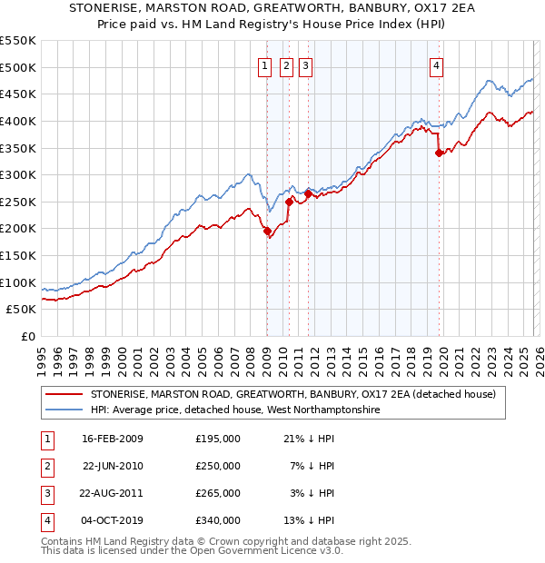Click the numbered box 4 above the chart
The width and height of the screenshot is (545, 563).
tap(437, 65)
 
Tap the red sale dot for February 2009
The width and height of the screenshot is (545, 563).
tap(267, 232)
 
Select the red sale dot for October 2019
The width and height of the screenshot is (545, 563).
tap(439, 153)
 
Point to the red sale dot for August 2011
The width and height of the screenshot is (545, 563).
tap(308, 193)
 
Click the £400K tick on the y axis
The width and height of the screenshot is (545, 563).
tap(18, 121)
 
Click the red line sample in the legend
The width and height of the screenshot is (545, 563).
tap(64, 395)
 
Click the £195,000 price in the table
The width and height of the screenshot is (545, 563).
tap(218, 439)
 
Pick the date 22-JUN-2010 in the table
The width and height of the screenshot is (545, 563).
tap(113, 466)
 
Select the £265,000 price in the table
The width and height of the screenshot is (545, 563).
tap(218, 493)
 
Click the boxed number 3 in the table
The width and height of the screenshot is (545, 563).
tap(45, 493)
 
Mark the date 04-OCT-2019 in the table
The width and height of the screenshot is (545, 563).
tap(113, 520)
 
